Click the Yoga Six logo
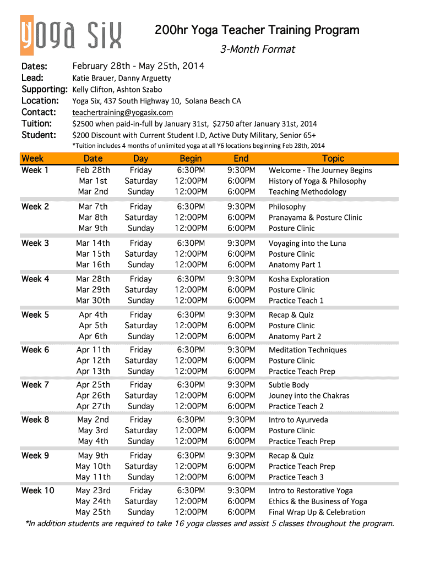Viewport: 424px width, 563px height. [x=71, y=35]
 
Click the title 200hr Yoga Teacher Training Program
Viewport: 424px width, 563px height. [x=257, y=30]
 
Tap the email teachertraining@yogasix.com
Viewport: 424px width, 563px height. [x=123, y=112]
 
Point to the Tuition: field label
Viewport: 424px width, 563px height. [x=37, y=124]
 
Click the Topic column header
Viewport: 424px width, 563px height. [x=333, y=158]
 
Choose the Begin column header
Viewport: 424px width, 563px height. [x=191, y=158]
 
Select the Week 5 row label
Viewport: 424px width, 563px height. [x=35, y=315]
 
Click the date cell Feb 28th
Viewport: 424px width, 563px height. [x=93, y=170]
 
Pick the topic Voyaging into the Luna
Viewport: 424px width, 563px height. [x=307, y=243]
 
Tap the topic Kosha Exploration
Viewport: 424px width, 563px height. [x=299, y=279]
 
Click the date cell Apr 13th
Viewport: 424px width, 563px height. [x=93, y=371]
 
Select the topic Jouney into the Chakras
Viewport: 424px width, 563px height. [x=309, y=396]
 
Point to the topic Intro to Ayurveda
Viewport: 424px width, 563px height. [x=298, y=420]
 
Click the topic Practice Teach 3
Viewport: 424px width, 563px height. [x=296, y=477]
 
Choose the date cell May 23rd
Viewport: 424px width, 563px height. [x=93, y=490]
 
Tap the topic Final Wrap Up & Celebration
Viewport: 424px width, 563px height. [x=317, y=512]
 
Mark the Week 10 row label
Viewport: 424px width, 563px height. [x=37, y=490]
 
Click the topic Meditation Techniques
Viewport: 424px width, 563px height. [x=308, y=350]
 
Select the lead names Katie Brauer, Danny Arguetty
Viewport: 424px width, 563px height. [x=122, y=78]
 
